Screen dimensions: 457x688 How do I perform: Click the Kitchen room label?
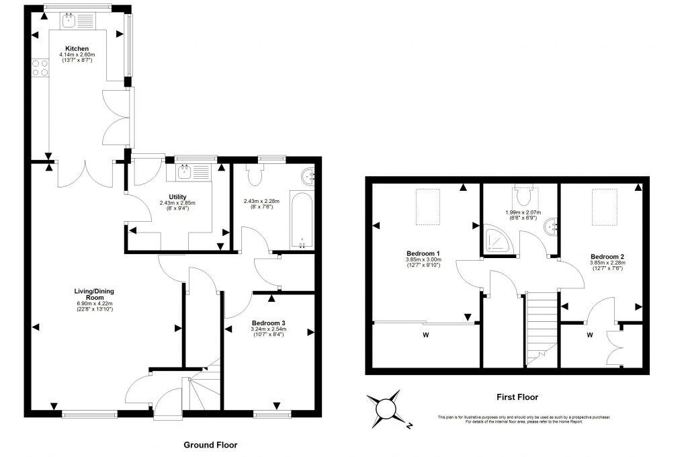tap(77, 48)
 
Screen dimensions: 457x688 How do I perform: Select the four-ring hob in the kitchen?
tap(40, 67)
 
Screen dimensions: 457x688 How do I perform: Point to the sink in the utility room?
tap(184, 171)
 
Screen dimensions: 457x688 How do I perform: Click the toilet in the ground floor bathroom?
tap(254, 175)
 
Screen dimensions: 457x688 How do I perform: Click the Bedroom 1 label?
tap(422, 254)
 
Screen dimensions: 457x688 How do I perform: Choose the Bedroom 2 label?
tap(607, 257)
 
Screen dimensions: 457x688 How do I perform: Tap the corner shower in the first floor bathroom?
tap(495, 240)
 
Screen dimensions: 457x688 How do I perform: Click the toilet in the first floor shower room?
tap(525, 196)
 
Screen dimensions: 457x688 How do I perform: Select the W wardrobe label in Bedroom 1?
tap(425, 334)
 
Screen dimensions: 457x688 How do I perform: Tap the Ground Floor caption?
tap(210, 445)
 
